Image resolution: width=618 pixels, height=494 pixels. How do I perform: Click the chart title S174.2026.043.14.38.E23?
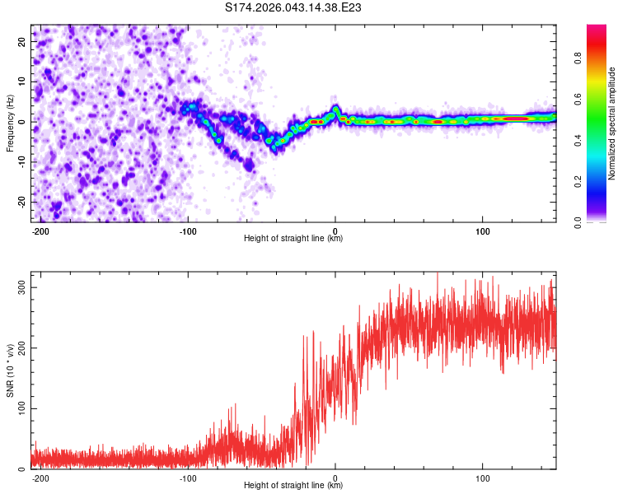click(x=294, y=8)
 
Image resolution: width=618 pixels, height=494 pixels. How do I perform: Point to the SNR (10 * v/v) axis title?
click(x=10, y=370)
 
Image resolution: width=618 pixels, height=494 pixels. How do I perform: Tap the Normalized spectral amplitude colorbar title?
click(x=612, y=123)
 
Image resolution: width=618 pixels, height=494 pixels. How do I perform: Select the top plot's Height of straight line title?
click(x=293, y=239)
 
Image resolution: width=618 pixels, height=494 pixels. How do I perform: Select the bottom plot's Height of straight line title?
click(x=293, y=486)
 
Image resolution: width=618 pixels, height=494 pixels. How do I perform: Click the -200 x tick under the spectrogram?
click(x=41, y=230)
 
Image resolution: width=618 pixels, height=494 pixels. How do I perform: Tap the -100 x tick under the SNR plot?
click(x=188, y=477)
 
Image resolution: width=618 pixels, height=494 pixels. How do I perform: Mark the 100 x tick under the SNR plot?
click(x=482, y=477)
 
